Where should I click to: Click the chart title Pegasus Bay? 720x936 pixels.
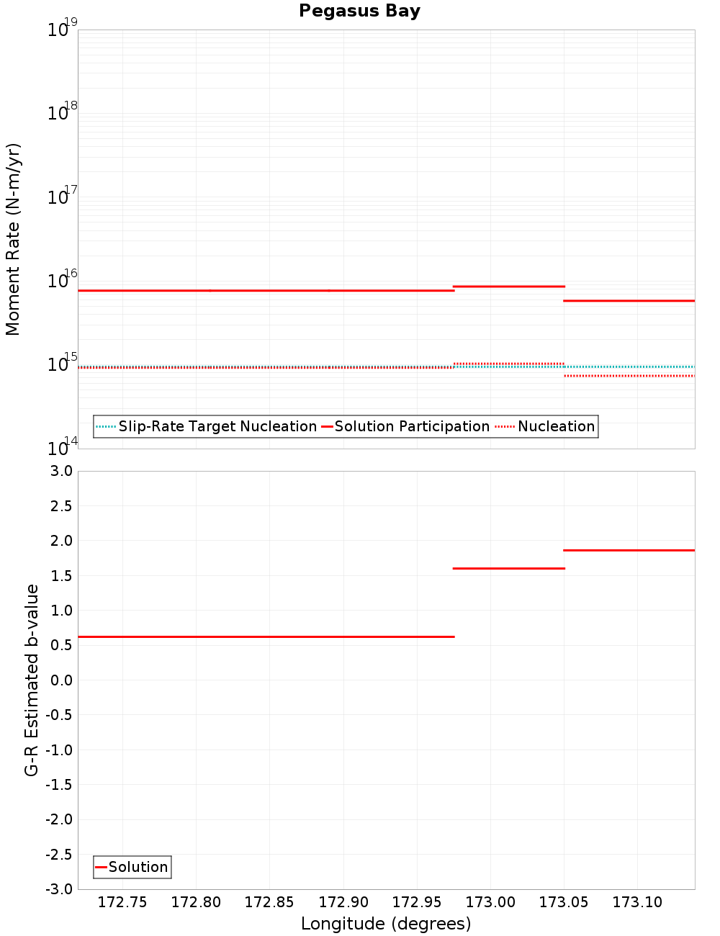359,11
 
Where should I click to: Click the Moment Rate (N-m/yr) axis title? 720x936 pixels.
13,239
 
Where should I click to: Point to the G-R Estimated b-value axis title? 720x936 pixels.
32,680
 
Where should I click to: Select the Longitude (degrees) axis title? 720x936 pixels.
386,924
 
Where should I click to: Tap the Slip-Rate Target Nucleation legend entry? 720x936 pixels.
217,426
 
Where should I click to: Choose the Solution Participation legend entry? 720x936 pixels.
412,426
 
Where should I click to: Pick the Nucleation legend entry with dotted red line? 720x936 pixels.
556,426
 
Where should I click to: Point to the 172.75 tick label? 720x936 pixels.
122,903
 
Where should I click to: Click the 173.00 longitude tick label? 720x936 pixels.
490,903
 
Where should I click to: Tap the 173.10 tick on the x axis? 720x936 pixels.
637,903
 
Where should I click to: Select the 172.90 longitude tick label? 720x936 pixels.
343,903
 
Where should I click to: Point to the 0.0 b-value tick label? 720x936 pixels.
62,680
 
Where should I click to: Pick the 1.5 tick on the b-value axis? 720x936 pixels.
62,575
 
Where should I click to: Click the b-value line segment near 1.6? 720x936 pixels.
508,568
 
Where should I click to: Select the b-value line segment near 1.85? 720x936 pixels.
629,550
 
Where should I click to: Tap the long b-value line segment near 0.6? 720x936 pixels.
266,636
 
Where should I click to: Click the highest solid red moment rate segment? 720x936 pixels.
508,287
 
